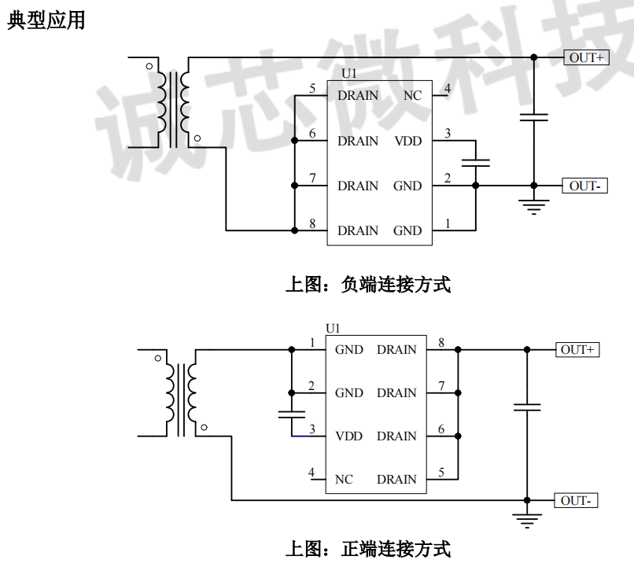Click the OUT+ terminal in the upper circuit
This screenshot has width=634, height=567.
[586, 57]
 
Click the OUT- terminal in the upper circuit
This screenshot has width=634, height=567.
[584, 186]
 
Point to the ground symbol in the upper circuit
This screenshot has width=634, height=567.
[534, 207]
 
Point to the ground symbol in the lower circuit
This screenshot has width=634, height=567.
[527, 520]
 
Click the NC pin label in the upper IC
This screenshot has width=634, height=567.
[412, 96]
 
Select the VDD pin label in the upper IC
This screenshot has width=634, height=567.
[407, 141]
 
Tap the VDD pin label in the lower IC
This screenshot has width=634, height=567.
[348, 436]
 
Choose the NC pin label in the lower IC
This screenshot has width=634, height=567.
[344, 479]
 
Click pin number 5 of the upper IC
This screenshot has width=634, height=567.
[312, 89]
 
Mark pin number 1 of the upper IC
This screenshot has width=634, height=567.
[448, 224]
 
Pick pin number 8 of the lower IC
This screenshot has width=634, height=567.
[441, 343]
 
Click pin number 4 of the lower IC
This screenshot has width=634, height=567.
[311, 473]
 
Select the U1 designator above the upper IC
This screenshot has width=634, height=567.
[349, 74]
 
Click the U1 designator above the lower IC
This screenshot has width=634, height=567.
[333, 328]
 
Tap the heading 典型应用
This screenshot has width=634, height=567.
[46, 21]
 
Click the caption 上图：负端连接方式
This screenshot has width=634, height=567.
[367, 284]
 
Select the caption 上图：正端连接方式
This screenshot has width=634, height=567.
[367, 547]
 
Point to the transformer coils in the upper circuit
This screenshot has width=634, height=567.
[172, 102]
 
